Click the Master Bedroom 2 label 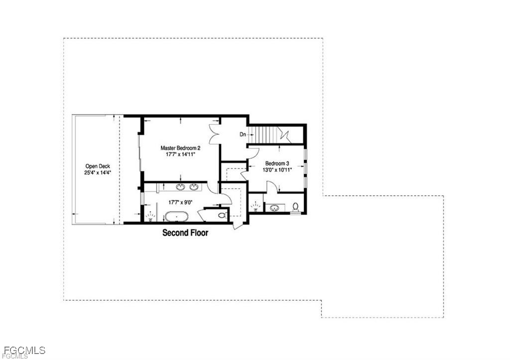tap(180, 148)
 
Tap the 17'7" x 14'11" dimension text tap(180, 154)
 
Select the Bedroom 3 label tap(277, 164)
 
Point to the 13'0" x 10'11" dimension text tap(277, 170)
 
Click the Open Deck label tap(98, 166)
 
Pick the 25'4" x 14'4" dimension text tap(98, 173)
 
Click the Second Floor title tap(185, 233)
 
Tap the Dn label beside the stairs tap(243, 134)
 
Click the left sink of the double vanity tap(180, 187)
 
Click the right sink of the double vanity tap(194, 187)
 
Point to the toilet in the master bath tap(222, 215)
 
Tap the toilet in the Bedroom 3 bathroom tap(295, 207)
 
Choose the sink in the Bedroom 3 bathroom tap(274, 208)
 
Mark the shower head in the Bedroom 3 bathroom tap(255, 206)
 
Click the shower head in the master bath tap(150, 216)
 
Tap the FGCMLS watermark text tap(24, 350)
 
